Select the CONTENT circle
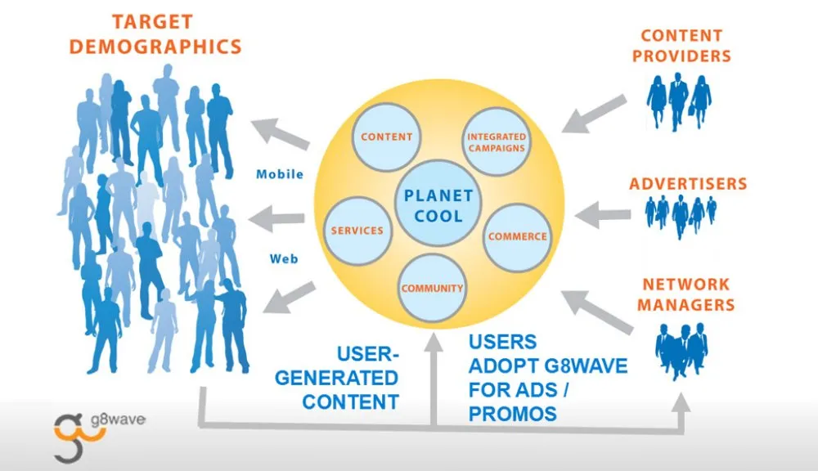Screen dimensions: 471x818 (386, 137)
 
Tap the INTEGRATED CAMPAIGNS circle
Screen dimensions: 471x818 (497, 141)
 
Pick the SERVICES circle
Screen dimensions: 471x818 (357, 231)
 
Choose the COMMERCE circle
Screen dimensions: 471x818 (517, 235)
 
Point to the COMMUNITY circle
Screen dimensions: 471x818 (432, 287)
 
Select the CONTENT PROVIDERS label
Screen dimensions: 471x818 (681, 46)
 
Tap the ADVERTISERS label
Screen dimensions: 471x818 (688, 183)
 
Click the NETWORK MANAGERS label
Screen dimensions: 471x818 (685, 294)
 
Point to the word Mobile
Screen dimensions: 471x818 (280, 174)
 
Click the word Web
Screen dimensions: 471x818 (284, 259)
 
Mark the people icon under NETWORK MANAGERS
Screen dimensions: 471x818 (681, 350)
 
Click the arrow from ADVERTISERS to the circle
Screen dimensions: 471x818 (602, 217)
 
